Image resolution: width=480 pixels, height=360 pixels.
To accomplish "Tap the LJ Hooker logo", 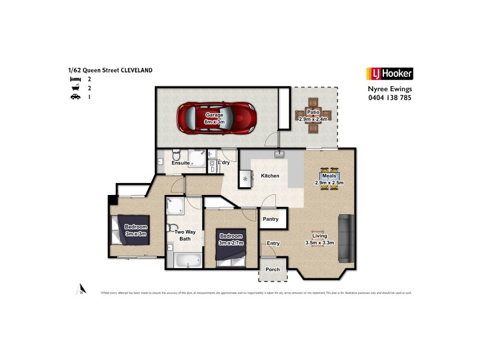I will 389,74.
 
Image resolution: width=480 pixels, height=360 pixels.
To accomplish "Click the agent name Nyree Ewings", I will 389,89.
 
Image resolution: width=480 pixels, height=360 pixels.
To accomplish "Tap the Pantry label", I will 271,219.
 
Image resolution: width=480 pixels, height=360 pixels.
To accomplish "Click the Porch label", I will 272,269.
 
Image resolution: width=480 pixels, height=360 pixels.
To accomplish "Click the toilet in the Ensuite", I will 174,154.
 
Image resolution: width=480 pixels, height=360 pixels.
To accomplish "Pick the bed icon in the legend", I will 74,79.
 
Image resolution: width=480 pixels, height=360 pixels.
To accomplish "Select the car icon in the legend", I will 74,97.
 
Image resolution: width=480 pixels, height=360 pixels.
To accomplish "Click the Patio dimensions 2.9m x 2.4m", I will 313,119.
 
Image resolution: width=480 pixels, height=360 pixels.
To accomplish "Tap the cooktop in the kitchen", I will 245,178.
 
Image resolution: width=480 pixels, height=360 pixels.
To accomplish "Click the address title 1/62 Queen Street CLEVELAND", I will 110,70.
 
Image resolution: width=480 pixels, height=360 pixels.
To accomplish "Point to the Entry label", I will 273,243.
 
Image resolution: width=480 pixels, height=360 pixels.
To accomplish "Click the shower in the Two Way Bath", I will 175,206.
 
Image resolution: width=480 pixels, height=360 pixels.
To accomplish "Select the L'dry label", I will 224,163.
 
